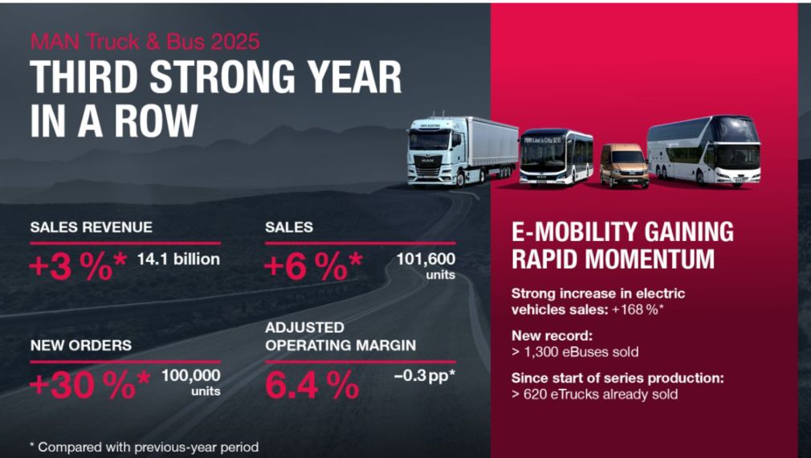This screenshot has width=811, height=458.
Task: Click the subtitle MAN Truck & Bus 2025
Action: pos(145,41)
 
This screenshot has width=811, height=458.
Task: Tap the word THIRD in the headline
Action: pos(84,79)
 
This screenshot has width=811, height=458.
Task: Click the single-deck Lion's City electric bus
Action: pos(556,157)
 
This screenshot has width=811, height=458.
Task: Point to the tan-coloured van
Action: pos(624,166)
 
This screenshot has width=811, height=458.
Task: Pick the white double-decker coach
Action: pos(703,150)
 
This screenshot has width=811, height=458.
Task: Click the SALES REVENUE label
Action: pos(91,227)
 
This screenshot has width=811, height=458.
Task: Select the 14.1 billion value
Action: pos(179,260)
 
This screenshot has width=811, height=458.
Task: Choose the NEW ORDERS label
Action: pos(81,346)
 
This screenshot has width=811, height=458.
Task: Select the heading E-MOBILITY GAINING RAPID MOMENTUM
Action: pos(622,245)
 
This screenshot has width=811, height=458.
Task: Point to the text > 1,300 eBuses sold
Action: pos(575,352)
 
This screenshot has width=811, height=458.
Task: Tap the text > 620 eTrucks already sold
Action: pos(594,394)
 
